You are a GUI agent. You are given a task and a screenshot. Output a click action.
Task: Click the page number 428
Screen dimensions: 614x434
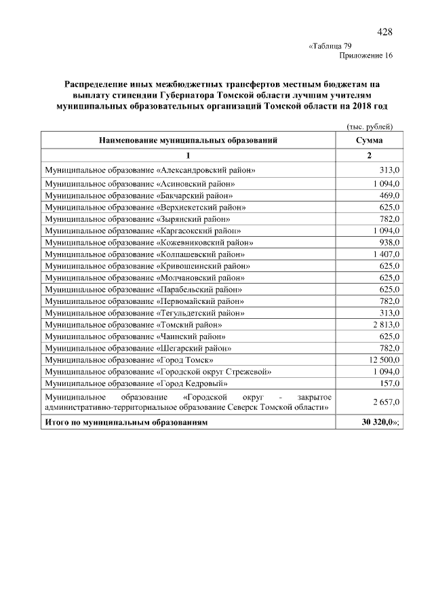[384, 32]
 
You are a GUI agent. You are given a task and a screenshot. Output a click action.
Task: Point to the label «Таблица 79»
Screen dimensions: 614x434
[330, 46]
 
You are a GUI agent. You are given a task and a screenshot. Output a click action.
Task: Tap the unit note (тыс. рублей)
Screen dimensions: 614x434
[370, 126]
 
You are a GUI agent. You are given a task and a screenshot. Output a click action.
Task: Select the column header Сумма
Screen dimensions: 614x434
[369, 140]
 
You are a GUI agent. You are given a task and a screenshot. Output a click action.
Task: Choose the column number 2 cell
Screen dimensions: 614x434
[369, 156]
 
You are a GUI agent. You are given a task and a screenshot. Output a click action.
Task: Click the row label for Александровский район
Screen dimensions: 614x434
[150, 170]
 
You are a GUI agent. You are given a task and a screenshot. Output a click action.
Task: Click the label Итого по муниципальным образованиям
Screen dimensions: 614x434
[126, 422]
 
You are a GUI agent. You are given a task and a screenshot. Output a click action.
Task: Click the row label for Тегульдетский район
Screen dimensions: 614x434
[144, 313]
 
